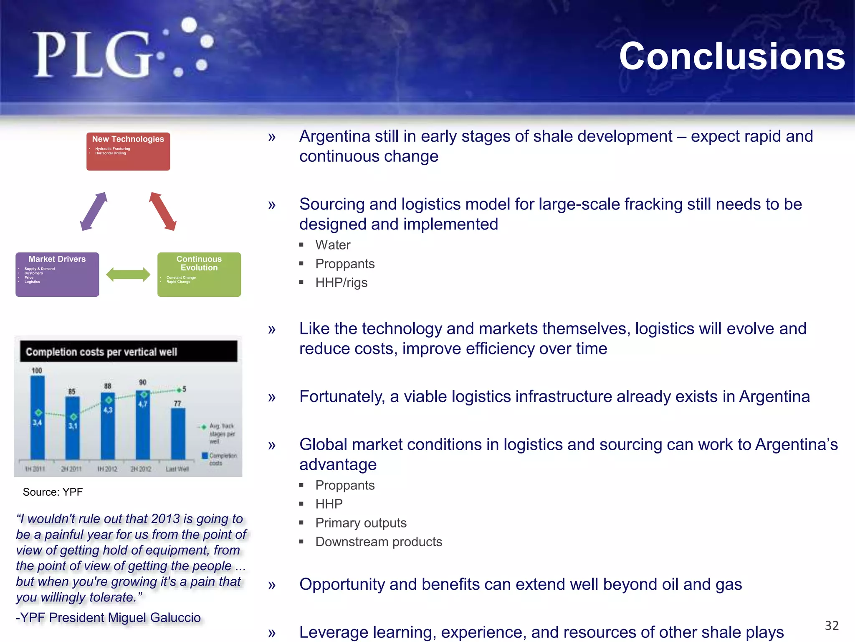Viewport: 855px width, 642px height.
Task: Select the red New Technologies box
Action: click(x=128, y=151)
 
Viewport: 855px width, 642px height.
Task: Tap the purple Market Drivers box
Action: click(x=57, y=275)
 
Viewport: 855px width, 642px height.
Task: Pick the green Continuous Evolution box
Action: click(x=199, y=275)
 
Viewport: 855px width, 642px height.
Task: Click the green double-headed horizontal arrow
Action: click(x=128, y=275)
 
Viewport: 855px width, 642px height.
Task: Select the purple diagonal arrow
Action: click(x=94, y=211)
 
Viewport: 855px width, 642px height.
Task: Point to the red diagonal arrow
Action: click(x=163, y=211)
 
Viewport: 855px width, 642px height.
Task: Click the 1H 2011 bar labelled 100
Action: click(x=38, y=418)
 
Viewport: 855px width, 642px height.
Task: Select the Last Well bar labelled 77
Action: click(x=178, y=435)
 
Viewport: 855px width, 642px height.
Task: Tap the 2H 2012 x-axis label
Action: click(x=141, y=469)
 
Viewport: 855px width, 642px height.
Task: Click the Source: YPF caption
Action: click(x=53, y=492)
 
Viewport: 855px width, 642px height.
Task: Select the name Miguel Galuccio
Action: click(x=154, y=617)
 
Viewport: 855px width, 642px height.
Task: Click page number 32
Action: click(x=831, y=625)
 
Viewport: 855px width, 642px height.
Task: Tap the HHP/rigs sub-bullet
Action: click(x=341, y=283)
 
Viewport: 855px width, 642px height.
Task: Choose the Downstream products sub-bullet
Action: click(x=378, y=542)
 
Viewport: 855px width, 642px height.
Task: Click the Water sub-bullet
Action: click(x=333, y=245)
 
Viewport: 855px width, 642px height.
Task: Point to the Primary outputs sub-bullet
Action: click(x=361, y=523)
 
